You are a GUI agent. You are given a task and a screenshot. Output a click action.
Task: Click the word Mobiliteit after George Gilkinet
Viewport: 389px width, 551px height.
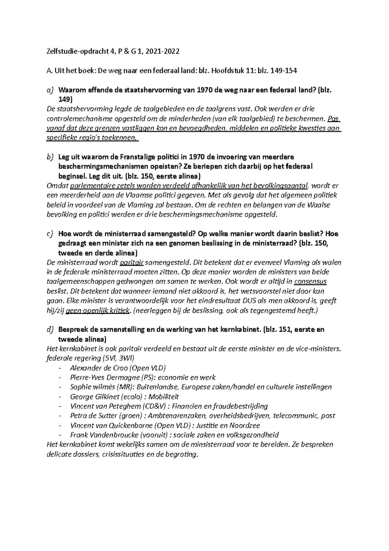[x=164, y=397]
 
